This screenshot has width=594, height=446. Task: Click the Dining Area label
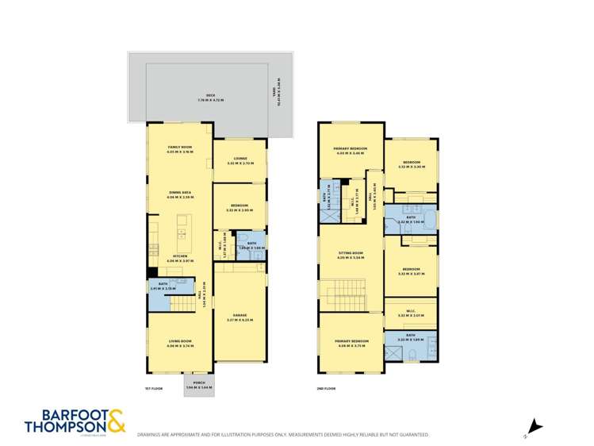tap(180, 193)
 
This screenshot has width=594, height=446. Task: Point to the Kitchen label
tap(180, 257)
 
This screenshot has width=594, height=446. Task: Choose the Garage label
tap(240, 317)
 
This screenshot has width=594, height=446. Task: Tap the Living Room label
tap(180, 343)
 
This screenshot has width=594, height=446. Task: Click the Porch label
tap(199, 383)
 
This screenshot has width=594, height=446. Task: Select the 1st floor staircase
tap(184, 302)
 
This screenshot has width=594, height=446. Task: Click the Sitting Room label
tap(350, 255)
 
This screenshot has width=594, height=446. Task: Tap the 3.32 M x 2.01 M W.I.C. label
tap(411, 313)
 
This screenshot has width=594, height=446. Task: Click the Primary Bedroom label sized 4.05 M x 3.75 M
tap(350, 343)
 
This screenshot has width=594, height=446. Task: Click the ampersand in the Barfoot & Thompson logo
tap(115, 421)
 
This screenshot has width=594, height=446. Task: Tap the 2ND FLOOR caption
tap(325, 388)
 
